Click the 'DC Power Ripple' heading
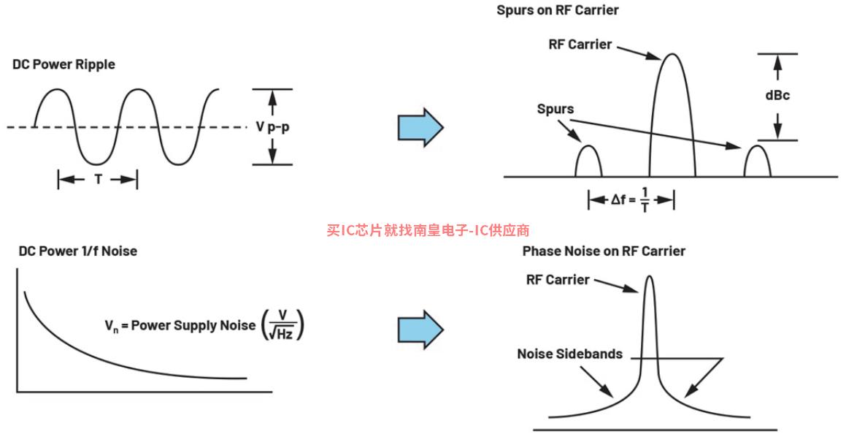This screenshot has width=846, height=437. (x=64, y=64)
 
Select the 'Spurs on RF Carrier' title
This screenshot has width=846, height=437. (x=557, y=10)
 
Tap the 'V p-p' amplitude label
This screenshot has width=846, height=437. (x=274, y=126)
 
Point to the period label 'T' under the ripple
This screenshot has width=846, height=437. (x=98, y=179)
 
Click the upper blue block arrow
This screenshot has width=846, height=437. (x=420, y=126)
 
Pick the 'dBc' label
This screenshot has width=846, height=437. (x=777, y=96)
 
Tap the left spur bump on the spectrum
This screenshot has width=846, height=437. (x=588, y=161)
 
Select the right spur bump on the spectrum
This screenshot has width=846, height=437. (x=757, y=161)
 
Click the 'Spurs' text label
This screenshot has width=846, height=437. (x=555, y=109)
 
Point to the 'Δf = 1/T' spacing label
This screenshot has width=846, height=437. (x=631, y=199)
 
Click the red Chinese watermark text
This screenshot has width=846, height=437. (x=428, y=230)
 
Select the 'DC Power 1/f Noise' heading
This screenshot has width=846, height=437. (x=77, y=251)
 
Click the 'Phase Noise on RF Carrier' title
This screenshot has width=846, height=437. (x=604, y=251)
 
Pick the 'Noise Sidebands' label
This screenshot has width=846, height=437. (x=570, y=354)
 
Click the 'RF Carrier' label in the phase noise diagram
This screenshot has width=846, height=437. (x=558, y=279)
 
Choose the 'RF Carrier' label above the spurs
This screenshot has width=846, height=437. (x=580, y=44)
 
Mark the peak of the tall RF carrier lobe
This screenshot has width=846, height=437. (x=672, y=55)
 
